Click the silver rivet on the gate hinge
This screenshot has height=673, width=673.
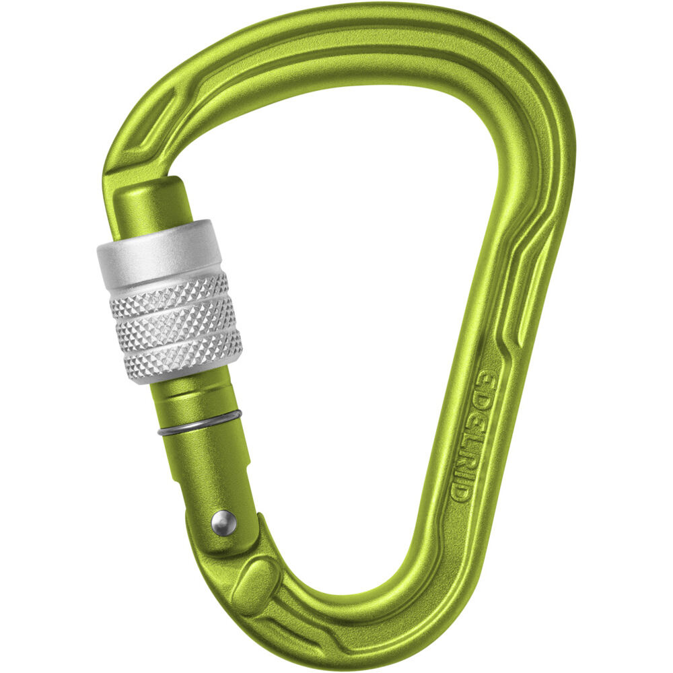coord(223,523)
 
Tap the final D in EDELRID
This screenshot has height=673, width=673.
coord(460,493)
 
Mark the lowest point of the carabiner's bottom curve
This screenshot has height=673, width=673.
coord(336,636)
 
